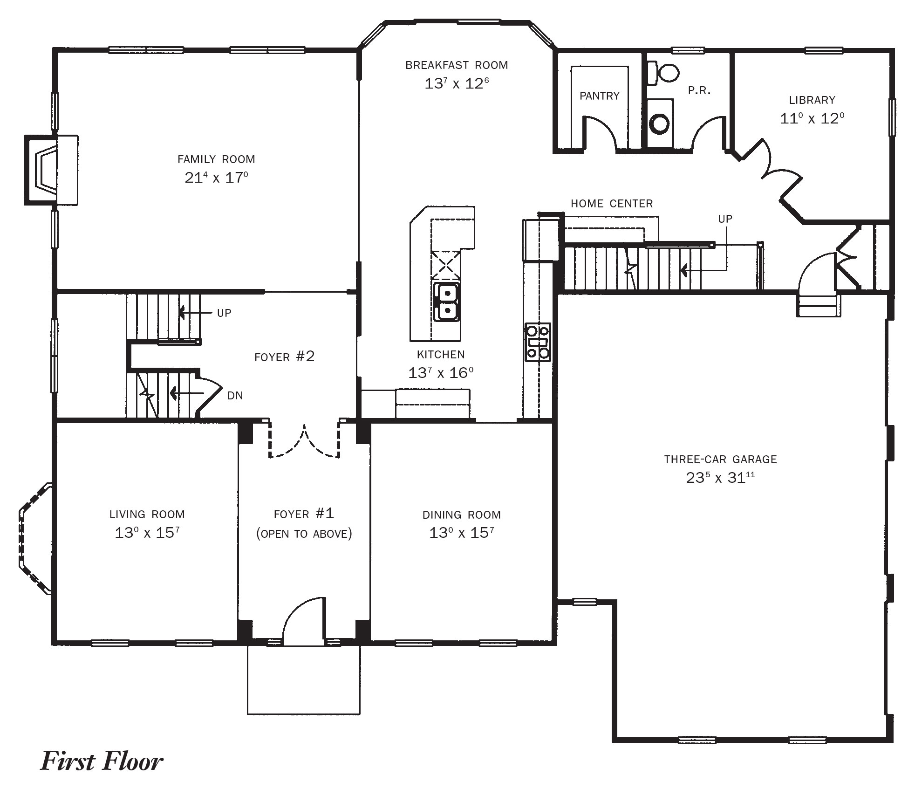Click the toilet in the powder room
coord(663,72)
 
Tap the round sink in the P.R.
coord(659,123)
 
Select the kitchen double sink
coord(447,302)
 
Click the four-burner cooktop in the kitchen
coord(538,342)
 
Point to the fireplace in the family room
coord(51,170)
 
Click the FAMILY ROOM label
coord(216,159)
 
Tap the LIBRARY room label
coord(812,100)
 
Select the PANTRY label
coord(600,96)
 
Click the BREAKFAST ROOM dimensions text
coord(457,83)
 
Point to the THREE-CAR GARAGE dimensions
coord(720,477)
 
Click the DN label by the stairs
coord(235,396)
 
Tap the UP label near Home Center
coord(725,219)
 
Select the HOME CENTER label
coord(612,203)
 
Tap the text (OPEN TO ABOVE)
coord(304,534)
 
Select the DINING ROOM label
coord(462,515)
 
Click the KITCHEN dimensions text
coord(441,373)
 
